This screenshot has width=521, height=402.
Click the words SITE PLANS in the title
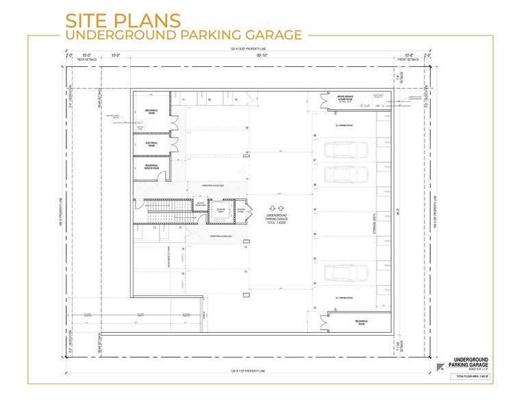tap(123, 20)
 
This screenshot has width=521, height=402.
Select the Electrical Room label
tap(151, 144)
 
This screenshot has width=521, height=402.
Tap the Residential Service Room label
tap(151, 167)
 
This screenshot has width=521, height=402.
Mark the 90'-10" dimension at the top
tap(262, 57)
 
